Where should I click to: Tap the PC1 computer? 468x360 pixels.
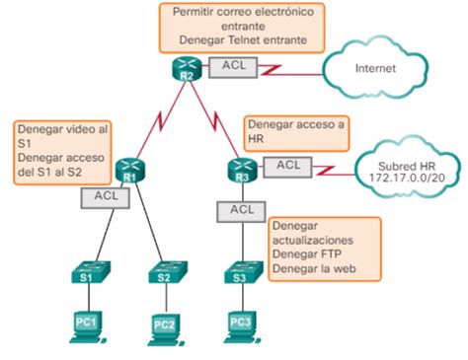pos(87,323)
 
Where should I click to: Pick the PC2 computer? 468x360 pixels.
pos(163,325)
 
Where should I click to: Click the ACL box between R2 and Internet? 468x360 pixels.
pos(233,66)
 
